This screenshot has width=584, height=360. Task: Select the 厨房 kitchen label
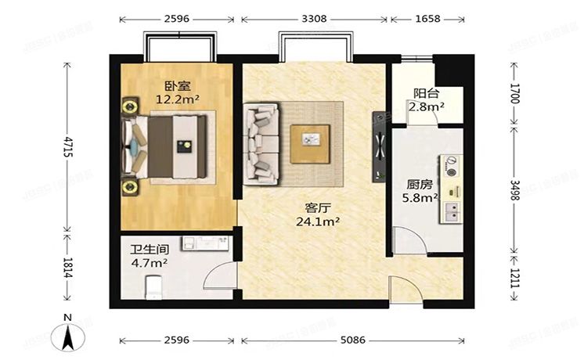(420, 185)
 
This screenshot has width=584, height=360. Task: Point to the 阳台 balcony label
(427, 93)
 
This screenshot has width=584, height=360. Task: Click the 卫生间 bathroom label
(149, 251)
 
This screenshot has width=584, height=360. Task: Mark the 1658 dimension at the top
(426, 16)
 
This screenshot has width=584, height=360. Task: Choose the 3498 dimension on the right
(514, 189)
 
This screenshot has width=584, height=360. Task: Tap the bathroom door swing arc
(222, 275)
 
